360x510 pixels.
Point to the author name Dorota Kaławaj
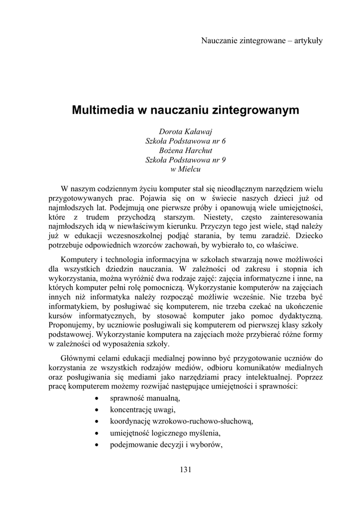pyautogui.click(x=185, y=131)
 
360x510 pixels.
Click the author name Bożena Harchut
pyautogui.click(x=185, y=150)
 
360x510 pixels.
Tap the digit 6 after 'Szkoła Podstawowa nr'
pyautogui.click(x=224, y=141)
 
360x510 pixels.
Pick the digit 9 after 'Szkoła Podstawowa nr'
pyautogui.click(x=224, y=160)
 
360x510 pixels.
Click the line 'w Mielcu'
pyautogui.click(x=185, y=169)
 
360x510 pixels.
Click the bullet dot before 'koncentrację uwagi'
pyautogui.click(x=97, y=410)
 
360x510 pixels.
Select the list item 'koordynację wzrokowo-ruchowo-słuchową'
pyautogui.click(x=182, y=421)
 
